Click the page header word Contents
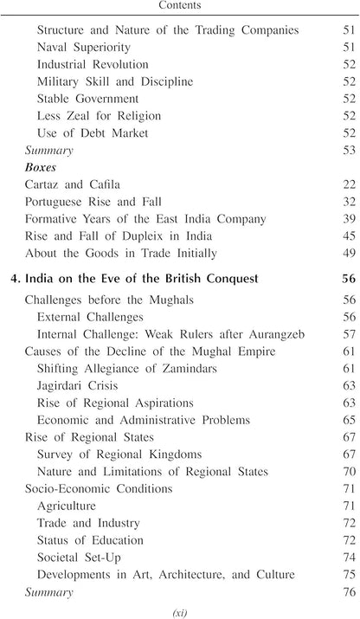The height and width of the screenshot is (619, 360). [x=179, y=5]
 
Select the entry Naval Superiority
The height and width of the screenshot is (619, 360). [x=84, y=48]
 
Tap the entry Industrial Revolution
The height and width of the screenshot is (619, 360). [x=93, y=65]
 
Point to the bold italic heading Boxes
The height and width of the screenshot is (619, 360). [x=40, y=168]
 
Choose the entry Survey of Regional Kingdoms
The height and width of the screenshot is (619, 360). [x=119, y=455]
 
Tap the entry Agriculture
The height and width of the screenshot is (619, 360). [x=67, y=506]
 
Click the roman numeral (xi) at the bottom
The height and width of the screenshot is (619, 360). [x=179, y=611]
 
